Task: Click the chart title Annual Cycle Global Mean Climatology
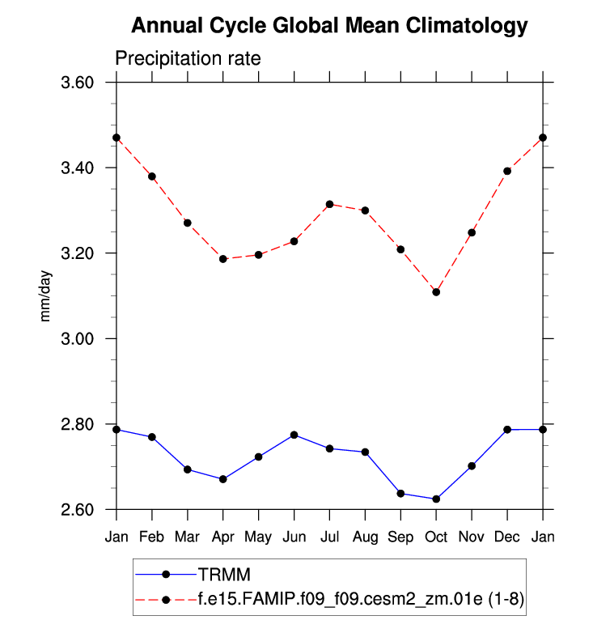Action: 328,26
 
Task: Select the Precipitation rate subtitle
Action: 187,59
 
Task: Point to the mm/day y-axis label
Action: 46,295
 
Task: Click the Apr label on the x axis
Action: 222,537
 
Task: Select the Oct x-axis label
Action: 436,537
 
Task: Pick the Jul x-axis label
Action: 329,537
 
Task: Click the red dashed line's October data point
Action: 436,291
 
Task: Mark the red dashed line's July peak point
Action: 329,204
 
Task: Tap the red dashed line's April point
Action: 223,259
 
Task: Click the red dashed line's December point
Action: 507,171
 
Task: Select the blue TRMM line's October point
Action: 436,499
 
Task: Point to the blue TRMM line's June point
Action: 294,435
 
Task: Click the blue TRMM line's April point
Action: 223,479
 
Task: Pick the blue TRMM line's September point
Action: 400,493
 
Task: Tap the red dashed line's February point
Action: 152,176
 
